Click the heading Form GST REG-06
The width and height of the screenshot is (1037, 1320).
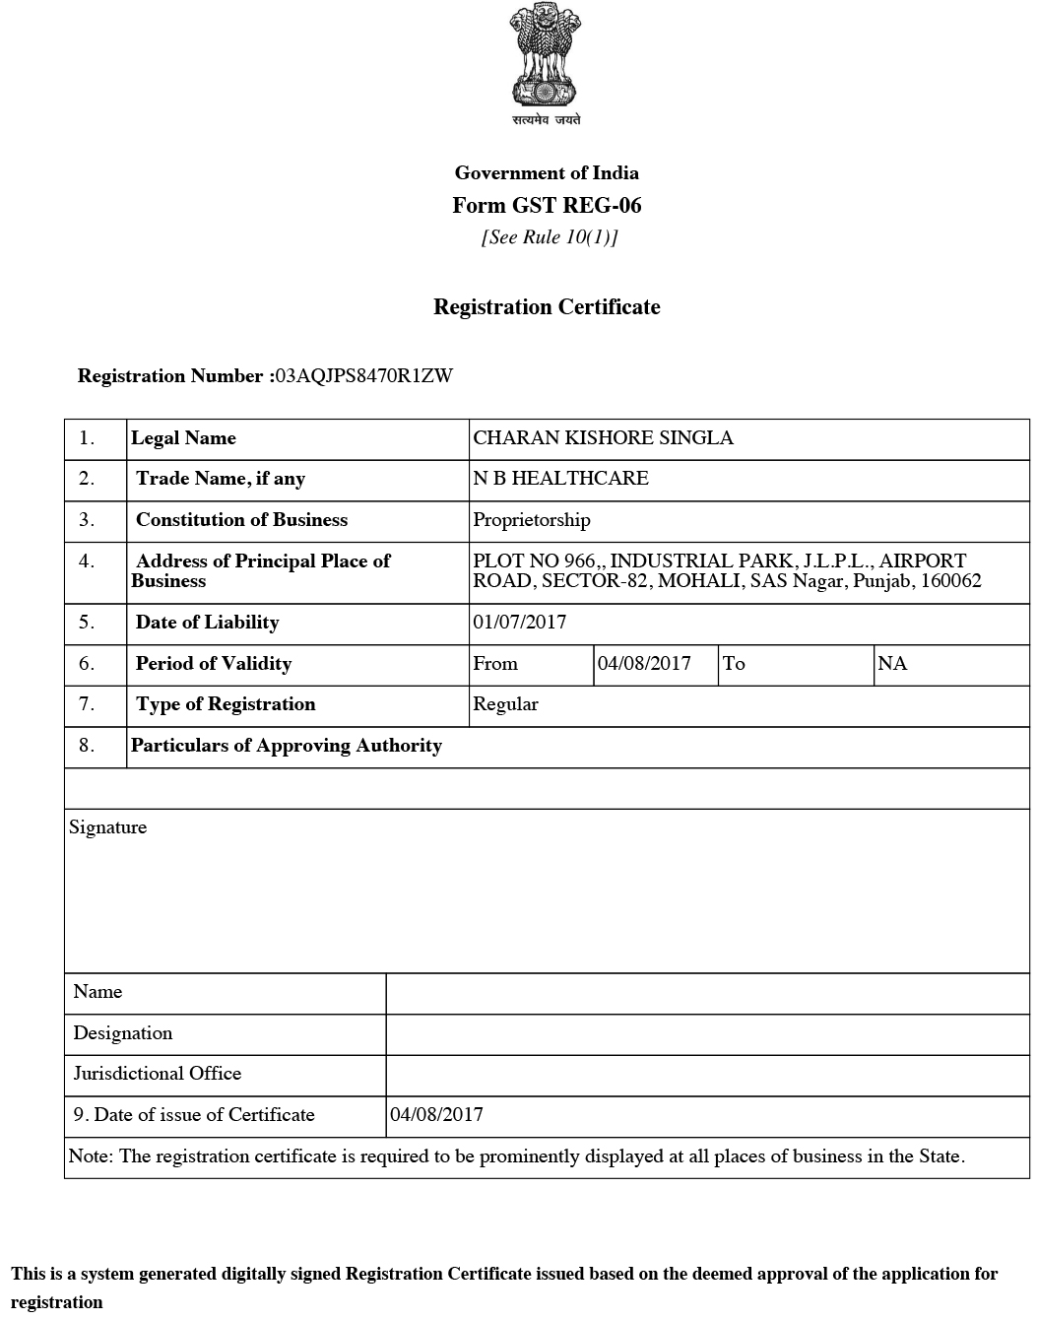tap(547, 205)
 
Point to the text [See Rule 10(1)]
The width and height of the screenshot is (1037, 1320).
tap(550, 237)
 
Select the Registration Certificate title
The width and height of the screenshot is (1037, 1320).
tap(547, 307)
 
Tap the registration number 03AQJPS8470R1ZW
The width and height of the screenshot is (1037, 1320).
tap(364, 376)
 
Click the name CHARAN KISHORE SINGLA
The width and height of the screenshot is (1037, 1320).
tap(603, 438)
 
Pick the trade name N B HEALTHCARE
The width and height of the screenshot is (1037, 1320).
tap(560, 479)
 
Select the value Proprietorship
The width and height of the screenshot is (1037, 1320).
tap(532, 520)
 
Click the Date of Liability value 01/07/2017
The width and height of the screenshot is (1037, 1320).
tap(520, 623)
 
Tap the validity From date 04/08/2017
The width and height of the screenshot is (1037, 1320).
tap(644, 664)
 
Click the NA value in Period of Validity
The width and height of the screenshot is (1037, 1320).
tap(892, 664)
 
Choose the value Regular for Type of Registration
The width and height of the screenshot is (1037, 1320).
tap(505, 704)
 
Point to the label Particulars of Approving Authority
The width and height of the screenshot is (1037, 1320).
tap(287, 746)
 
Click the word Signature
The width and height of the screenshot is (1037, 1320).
tap(108, 827)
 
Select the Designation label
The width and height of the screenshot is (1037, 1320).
tap(123, 1033)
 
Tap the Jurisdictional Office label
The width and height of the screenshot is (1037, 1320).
tap(158, 1074)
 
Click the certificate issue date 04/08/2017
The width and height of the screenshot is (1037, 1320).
tap(437, 1115)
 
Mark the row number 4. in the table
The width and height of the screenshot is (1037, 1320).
tap(88, 561)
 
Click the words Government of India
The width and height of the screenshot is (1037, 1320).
tap(547, 173)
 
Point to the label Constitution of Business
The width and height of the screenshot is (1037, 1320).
tap(241, 520)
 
